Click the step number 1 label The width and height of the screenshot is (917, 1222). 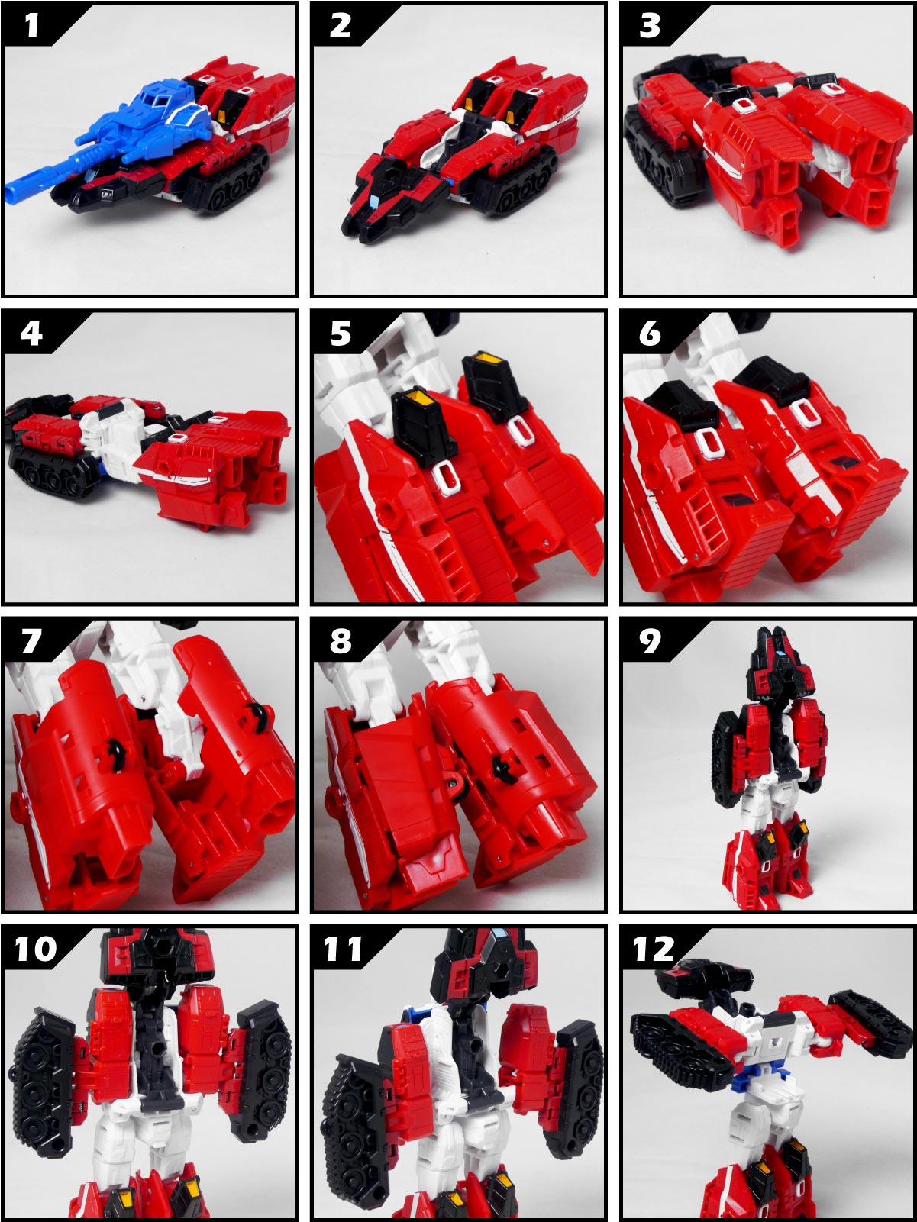[x=32, y=25]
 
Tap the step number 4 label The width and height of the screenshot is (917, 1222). [x=31, y=334]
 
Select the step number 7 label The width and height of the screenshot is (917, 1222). [x=31, y=641]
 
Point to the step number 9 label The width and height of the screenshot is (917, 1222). [x=650, y=641]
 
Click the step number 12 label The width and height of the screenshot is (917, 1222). [x=654, y=950]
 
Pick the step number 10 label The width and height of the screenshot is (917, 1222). [x=36, y=950]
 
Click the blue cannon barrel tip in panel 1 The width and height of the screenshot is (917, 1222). [x=12, y=193]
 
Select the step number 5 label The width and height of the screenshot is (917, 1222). [x=341, y=334]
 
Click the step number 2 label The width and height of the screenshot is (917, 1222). [x=341, y=25]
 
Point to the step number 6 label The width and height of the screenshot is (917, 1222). [x=650, y=334]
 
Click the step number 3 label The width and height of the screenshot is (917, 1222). [x=650, y=25]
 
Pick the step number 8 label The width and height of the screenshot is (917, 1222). [x=341, y=641]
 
